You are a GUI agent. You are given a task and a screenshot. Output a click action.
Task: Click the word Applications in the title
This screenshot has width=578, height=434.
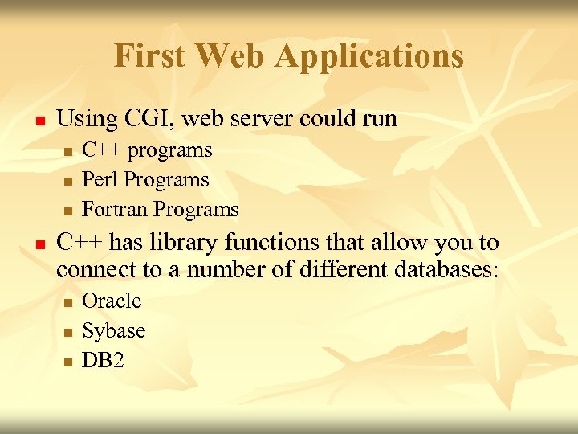pyautogui.click(x=369, y=57)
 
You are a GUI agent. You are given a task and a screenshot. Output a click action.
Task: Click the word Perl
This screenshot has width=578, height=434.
pyautogui.click(x=99, y=180)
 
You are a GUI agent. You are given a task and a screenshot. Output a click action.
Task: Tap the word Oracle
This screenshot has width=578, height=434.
pyautogui.click(x=112, y=301)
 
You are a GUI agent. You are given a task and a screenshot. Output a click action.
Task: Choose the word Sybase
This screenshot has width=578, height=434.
pyautogui.click(x=114, y=331)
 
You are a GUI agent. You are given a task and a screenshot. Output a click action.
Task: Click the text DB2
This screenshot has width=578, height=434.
pyautogui.click(x=104, y=361)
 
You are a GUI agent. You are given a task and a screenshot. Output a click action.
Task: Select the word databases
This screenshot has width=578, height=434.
pyautogui.click(x=446, y=269)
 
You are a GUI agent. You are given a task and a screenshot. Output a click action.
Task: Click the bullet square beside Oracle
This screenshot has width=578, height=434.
pyautogui.click(x=68, y=303)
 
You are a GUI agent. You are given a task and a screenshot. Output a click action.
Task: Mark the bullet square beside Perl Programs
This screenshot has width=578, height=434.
pyautogui.click(x=68, y=182)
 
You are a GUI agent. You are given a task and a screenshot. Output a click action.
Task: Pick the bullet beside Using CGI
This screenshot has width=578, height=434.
pyautogui.click(x=38, y=121)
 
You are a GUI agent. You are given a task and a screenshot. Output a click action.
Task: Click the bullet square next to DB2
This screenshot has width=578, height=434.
pyautogui.click(x=68, y=362)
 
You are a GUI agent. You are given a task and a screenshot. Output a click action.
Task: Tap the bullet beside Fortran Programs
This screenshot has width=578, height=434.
pyautogui.click(x=68, y=211)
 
